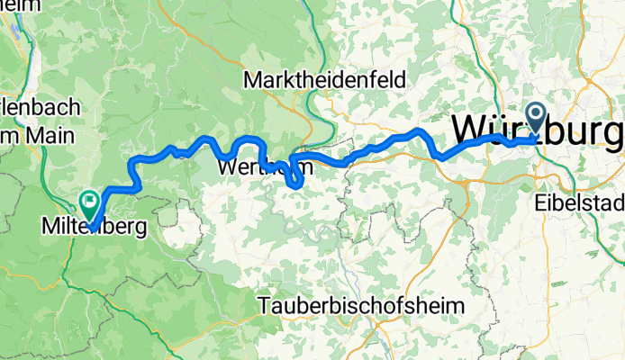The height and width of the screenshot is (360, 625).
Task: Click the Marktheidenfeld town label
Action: (325, 79)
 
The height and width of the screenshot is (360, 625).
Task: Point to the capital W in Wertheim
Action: (227, 168)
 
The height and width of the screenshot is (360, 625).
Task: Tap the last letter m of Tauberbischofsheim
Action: (457, 305)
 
